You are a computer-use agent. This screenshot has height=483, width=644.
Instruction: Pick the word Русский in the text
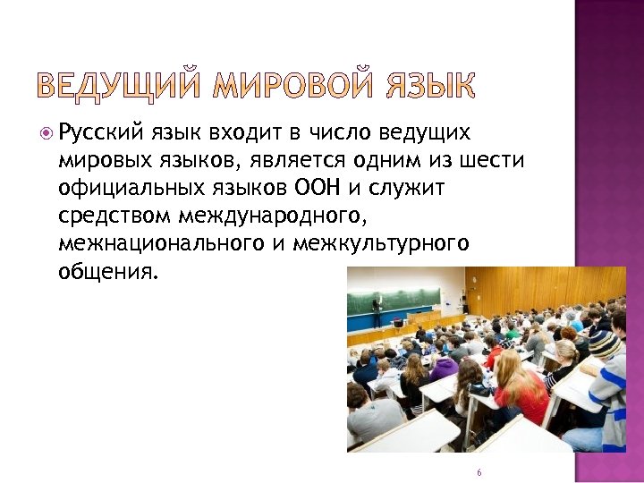point(102,134)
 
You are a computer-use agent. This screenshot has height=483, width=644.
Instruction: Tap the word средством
point(114,216)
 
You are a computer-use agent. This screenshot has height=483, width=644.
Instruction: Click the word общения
point(106,271)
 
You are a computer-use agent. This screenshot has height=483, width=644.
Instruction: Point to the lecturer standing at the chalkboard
point(377,308)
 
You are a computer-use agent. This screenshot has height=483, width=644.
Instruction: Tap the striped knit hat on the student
point(605,343)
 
